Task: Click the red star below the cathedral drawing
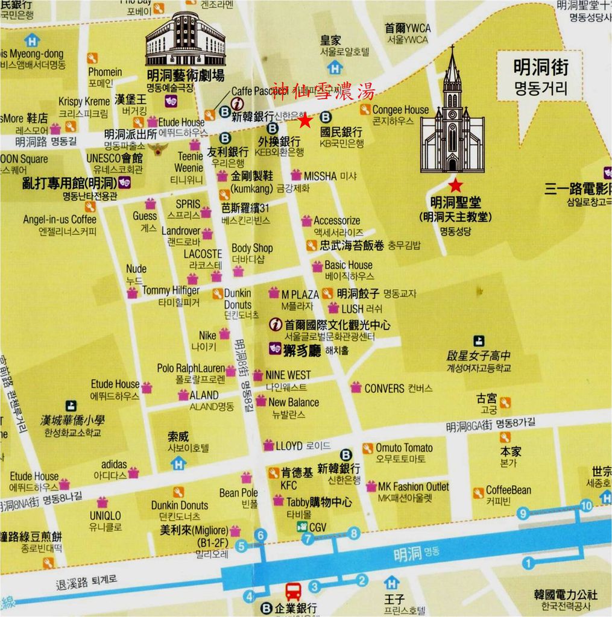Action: [x=455, y=184]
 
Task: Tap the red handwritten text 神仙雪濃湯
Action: [x=323, y=92]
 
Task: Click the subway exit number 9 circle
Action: [x=523, y=513]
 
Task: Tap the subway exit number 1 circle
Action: [x=528, y=564]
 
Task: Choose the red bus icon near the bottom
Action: [x=293, y=591]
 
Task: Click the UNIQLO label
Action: [x=105, y=516]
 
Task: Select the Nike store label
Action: [x=207, y=336]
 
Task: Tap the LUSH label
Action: [x=352, y=308]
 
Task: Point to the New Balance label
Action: [x=294, y=402]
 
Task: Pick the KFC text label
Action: [x=288, y=485]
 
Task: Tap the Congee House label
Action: [x=400, y=110]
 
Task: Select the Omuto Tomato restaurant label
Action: [x=404, y=448]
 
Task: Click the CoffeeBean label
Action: [x=508, y=490]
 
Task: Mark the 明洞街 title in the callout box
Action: [x=540, y=67]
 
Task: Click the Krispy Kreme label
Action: [x=84, y=101]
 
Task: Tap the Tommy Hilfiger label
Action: [x=171, y=290]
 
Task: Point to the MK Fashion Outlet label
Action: [x=413, y=486]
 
